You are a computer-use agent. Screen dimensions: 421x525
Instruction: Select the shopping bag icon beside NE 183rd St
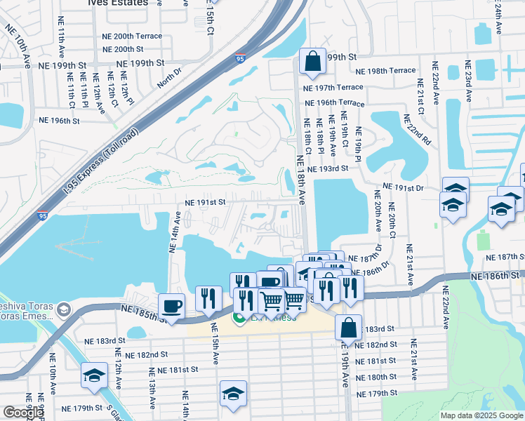[x=348, y=327]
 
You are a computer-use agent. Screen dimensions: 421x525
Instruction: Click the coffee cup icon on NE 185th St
[x=172, y=305]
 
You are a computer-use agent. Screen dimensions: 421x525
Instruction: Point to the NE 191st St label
[x=205, y=202]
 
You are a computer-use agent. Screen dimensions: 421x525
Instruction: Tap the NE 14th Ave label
[x=175, y=233]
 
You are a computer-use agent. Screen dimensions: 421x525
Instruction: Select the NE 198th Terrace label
[x=385, y=72]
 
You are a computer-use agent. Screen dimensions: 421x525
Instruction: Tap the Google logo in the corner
[x=23, y=413]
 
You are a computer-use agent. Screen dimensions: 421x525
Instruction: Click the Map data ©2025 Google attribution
[x=481, y=415]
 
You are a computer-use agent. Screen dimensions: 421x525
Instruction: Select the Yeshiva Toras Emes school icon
[x=64, y=309]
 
